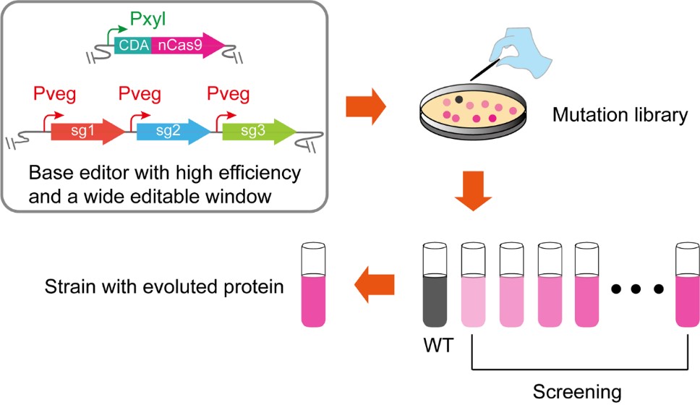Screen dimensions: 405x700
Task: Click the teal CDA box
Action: (x=133, y=46)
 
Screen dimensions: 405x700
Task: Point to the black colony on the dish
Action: (x=460, y=99)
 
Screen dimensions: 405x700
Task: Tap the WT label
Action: (x=437, y=346)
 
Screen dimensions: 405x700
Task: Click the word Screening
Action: (x=576, y=392)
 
